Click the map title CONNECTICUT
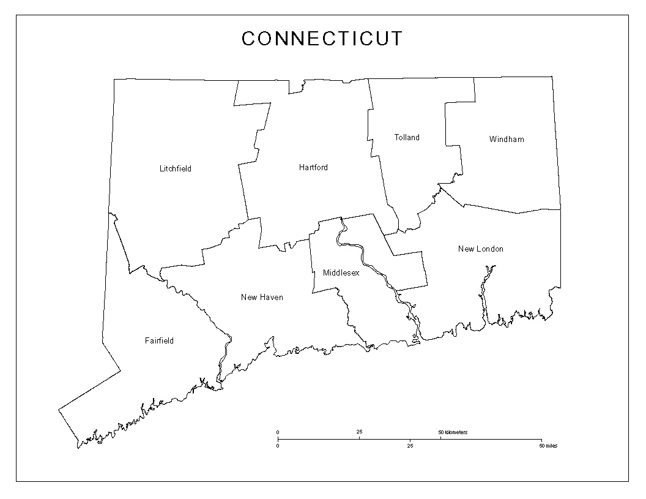pos(322,39)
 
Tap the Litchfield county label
pos(176,168)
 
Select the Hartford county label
pos(313,167)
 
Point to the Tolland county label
pos(407,138)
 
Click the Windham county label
pos(507,139)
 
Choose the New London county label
pos(481,249)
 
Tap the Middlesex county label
pos(341,273)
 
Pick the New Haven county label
pos(262,298)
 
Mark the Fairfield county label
pos(159,340)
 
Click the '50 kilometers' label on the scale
pos(453,432)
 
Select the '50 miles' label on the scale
pos(548,446)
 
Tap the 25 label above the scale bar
pos(359,432)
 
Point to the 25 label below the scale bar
pos(410,446)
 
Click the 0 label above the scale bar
pos(278,432)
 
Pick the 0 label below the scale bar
pos(278,446)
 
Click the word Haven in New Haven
pos(271,298)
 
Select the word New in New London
pos(466,249)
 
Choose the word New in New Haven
pos(249,298)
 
